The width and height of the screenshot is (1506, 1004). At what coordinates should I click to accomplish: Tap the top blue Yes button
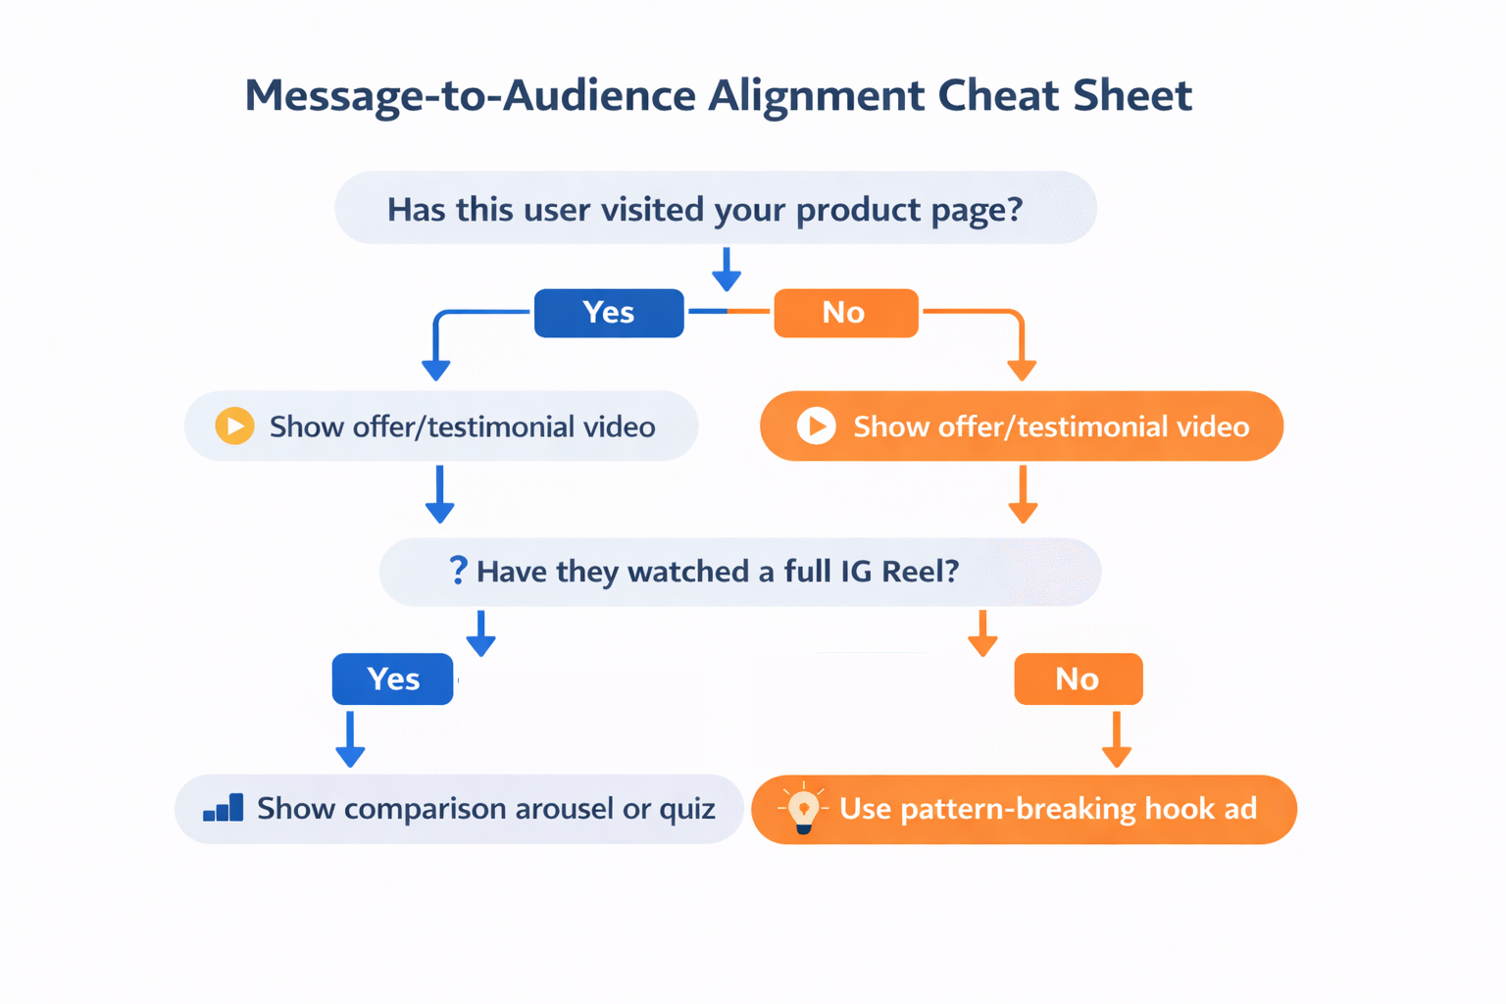[x=608, y=313]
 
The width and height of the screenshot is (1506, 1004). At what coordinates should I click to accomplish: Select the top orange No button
[x=845, y=313]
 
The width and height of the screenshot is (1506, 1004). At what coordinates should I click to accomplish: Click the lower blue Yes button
[x=392, y=678]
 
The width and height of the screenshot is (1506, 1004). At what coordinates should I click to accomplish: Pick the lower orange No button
[x=1078, y=678]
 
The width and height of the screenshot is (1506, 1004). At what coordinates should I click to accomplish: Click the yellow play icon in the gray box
[x=234, y=426]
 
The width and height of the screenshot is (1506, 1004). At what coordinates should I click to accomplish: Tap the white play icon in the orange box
[x=816, y=426]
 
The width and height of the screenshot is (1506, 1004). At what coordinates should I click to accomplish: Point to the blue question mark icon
[x=457, y=570]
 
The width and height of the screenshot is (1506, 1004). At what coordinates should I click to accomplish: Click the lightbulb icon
[x=803, y=809]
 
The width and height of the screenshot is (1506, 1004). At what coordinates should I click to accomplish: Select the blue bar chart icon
[x=224, y=808]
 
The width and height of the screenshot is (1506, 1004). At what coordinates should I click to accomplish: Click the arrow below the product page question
[x=727, y=269]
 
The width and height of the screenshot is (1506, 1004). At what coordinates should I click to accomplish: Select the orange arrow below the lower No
[x=1116, y=740]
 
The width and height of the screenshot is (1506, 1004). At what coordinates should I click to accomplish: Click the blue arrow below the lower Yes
[x=350, y=740]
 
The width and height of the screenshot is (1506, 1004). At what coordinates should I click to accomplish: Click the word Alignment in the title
[x=816, y=95]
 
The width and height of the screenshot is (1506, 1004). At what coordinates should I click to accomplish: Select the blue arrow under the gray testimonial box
[x=439, y=493]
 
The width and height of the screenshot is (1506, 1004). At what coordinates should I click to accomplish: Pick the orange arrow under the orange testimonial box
[x=1023, y=493]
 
